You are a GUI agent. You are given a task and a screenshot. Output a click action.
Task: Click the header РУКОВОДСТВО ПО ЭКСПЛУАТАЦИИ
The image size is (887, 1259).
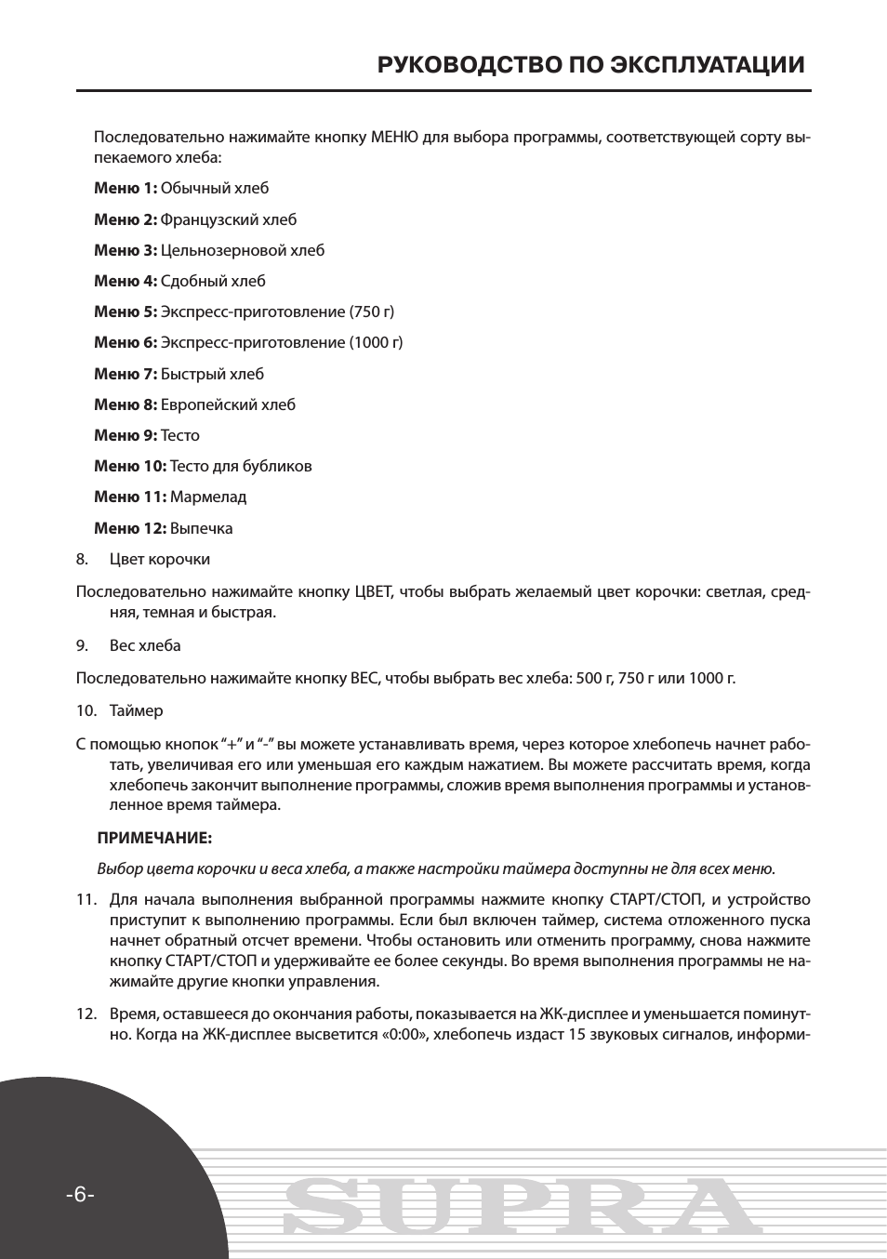tap(590, 65)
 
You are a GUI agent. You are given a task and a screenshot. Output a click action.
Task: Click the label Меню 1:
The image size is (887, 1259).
tap(126, 189)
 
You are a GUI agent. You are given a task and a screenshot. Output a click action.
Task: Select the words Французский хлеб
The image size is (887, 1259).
tap(229, 220)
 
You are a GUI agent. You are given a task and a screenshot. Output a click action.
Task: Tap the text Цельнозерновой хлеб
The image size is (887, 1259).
tap(243, 251)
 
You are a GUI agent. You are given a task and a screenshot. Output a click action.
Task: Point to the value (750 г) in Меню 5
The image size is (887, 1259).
tap(371, 312)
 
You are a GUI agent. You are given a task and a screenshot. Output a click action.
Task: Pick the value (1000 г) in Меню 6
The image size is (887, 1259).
tap(376, 343)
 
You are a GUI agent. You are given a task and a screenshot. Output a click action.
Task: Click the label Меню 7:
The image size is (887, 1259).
tap(126, 375)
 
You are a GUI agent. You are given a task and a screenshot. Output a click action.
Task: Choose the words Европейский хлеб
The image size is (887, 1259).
tap(228, 405)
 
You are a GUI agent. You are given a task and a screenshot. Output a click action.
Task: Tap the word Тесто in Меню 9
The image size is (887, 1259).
tap(180, 436)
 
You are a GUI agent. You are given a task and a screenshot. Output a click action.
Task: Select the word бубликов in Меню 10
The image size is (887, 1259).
tap(278, 467)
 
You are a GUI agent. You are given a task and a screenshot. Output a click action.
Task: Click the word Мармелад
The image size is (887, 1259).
tap(208, 497)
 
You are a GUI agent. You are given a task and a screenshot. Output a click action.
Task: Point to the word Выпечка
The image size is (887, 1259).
tap(201, 529)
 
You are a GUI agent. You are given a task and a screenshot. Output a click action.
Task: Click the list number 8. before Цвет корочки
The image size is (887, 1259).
tap(82, 560)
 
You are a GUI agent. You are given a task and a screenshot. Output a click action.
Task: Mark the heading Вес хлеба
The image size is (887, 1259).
tap(145, 646)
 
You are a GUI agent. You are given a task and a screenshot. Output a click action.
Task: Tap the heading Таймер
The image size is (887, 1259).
tap(136, 711)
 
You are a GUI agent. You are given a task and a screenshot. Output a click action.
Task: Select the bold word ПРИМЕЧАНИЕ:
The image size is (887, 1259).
tap(154, 839)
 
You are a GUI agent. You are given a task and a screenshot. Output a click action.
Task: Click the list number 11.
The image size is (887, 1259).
tap(86, 900)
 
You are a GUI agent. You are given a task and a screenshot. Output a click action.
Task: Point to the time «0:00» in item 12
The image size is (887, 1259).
tap(404, 1035)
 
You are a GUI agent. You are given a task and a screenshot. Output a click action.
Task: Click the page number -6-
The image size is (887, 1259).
tap(80, 1195)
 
